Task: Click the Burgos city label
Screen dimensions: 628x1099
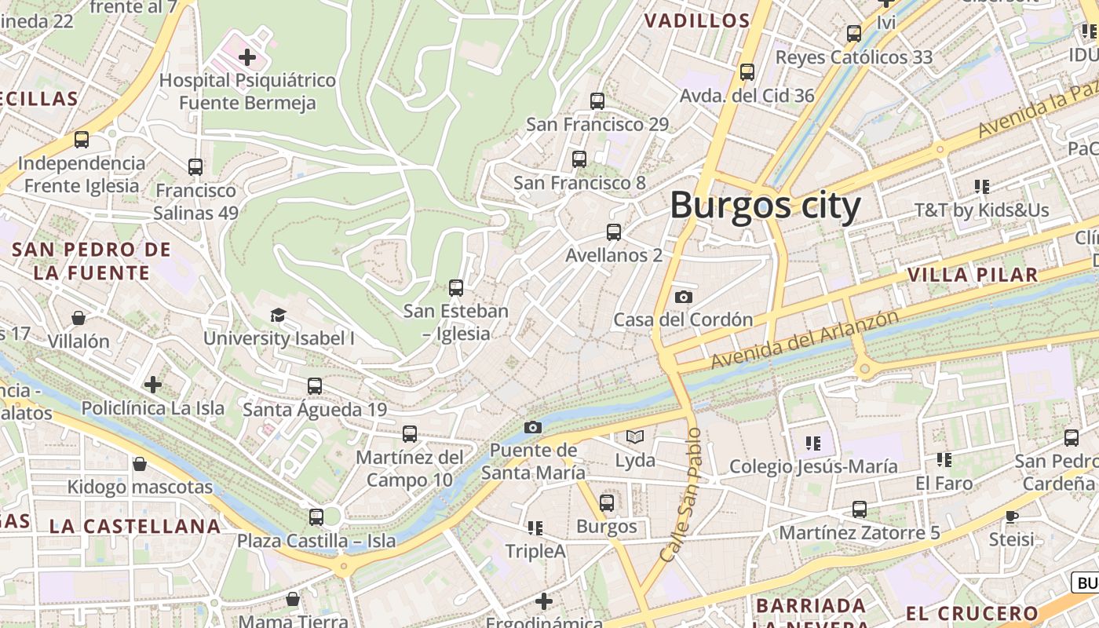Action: (x=765, y=206)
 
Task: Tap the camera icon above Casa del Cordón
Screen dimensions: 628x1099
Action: (x=684, y=297)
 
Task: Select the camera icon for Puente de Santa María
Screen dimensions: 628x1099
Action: (x=533, y=427)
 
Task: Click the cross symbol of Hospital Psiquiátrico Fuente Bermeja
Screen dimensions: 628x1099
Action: (x=247, y=57)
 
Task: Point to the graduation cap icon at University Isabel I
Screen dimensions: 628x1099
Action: (x=278, y=316)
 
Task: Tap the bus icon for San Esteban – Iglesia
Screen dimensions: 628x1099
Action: (x=456, y=288)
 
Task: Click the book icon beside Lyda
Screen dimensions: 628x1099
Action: (x=634, y=436)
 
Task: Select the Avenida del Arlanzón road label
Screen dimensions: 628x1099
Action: (x=804, y=339)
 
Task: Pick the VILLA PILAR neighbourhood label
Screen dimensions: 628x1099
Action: (x=973, y=275)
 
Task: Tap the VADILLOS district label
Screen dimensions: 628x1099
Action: (x=697, y=21)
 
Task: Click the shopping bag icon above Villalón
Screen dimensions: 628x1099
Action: (x=78, y=318)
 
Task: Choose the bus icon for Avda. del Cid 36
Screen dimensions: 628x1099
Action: (x=747, y=72)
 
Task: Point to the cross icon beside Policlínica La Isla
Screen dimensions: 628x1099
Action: (x=153, y=385)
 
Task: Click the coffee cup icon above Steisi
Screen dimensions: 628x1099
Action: (x=1011, y=516)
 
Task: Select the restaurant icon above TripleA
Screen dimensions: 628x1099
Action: (x=535, y=528)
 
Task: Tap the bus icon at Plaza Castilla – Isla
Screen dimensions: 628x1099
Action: (x=316, y=517)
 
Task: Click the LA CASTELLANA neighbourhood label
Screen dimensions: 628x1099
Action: (x=135, y=526)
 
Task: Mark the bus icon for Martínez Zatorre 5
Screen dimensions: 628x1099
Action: (x=860, y=509)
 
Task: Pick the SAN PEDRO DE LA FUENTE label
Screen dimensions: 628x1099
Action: (x=91, y=261)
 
